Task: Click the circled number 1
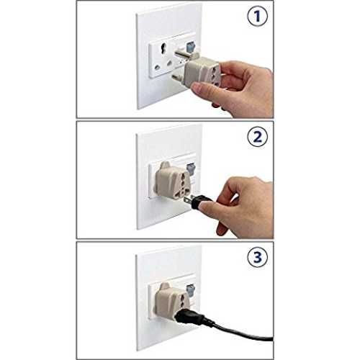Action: [x=257, y=16]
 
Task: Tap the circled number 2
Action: [x=257, y=137]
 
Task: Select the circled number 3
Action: [x=257, y=257]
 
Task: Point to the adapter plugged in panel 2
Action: [x=172, y=181]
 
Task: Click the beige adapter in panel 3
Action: [x=171, y=300]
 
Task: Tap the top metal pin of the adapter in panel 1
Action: [x=183, y=54]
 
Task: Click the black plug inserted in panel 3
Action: [x=189, y=315]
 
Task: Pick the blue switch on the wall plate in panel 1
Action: [x=191, y=48]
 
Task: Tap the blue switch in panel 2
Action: [x=192, y=168]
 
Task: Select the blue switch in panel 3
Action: [x=192, y=290]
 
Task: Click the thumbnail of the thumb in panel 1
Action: [x=197, y=87]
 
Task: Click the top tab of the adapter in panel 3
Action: [x=165, y=287]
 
